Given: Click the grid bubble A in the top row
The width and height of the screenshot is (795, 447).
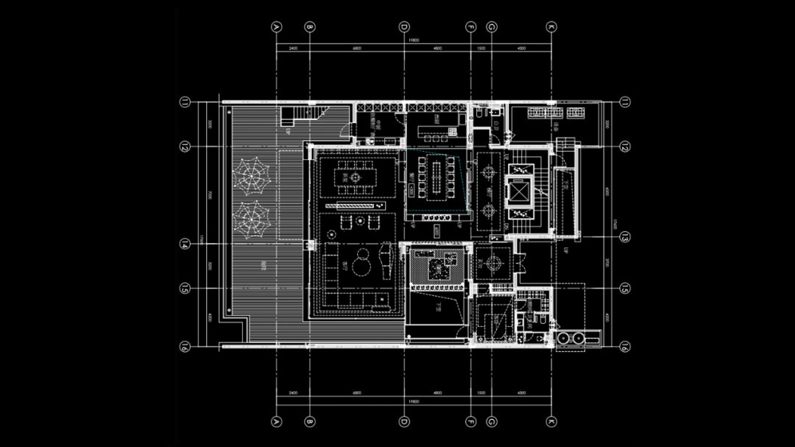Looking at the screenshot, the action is pos(277,27).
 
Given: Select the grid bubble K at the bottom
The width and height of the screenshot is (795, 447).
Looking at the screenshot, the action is pos(551,422).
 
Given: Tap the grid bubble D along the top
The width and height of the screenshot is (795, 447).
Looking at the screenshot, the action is pos(404,27).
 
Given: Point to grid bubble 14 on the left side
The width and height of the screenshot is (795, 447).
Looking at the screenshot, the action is pos(185,244).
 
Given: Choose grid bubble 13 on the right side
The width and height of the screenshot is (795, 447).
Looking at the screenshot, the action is pos(624,237).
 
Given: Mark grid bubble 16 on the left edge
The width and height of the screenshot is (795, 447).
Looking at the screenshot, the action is pos(185,346).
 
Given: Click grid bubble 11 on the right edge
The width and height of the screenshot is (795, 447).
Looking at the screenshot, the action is pos(624,102).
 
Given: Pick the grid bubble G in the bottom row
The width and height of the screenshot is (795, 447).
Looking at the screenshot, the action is pos(491,422).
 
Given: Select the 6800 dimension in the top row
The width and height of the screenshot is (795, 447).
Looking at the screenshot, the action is pos(357,48).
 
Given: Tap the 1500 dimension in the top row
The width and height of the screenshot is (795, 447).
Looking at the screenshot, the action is pos(481,48).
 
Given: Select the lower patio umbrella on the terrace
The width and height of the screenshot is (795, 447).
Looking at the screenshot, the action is pos(252,218).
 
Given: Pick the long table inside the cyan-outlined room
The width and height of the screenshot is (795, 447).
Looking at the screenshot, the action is pos(437,180).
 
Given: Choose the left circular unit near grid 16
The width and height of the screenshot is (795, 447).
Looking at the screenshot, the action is pos(565,338).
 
